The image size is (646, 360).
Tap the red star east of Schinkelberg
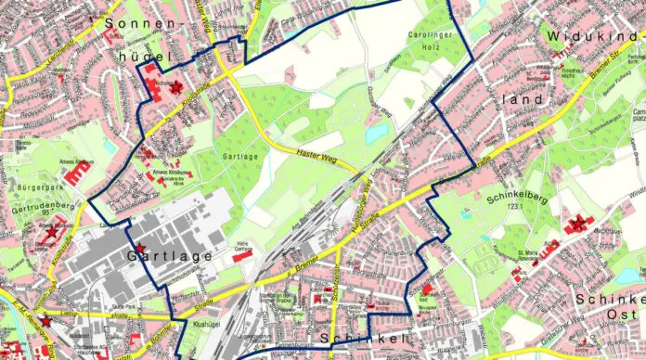(579, 223)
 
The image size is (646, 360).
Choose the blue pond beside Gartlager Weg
(374, 134)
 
